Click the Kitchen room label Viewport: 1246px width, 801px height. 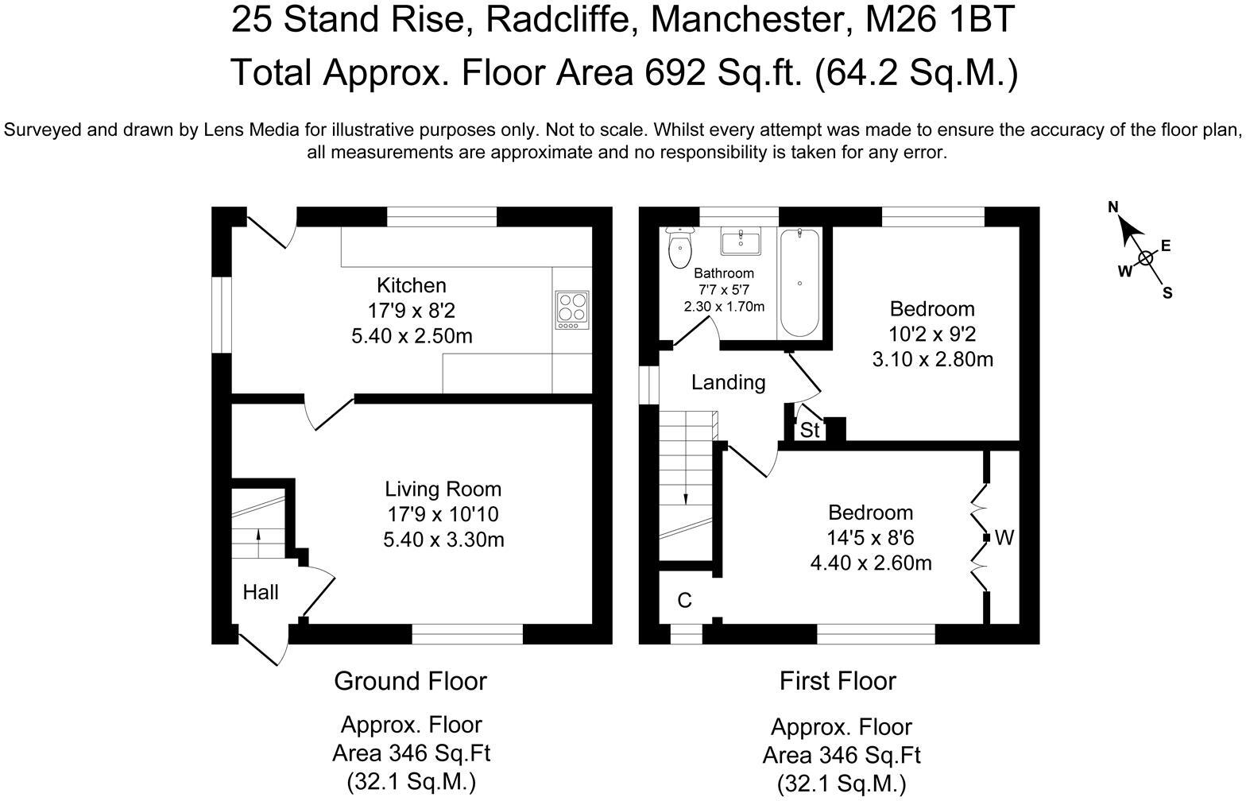point(411,285)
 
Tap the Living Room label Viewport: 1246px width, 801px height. point(443,489)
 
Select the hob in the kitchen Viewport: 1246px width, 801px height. point(571,310)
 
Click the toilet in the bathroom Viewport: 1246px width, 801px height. point(680,248)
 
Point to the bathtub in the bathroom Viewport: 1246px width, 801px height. point(799,283)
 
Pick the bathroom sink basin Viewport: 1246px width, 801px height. point(741,241)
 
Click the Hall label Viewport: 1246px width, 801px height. point(261,592)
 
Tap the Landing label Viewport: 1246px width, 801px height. point(728,383)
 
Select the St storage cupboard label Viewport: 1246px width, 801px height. point(809,431)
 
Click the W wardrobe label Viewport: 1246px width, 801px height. point(1004,538)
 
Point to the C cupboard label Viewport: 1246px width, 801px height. point(684,601)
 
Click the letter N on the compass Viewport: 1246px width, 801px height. point(1113,207)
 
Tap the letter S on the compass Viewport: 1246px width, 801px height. point(1167,292)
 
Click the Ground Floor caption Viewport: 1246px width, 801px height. point(410,681)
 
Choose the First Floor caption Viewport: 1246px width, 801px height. point(838,681)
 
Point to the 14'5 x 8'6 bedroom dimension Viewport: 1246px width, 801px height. point(870,538)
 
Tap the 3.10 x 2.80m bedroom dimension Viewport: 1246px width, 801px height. point(932,359)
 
